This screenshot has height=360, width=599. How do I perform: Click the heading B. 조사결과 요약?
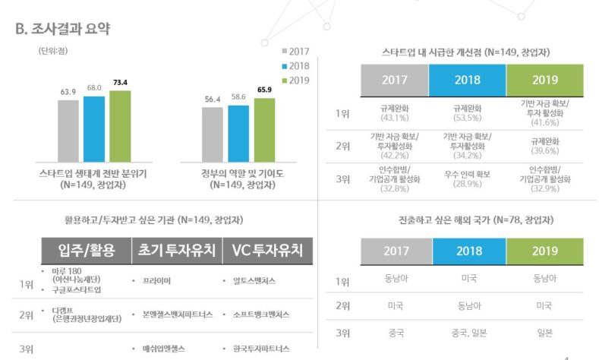(63, 30)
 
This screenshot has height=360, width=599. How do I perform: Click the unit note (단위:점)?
(52, 52)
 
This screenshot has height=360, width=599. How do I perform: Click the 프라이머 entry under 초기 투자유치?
(156, 281)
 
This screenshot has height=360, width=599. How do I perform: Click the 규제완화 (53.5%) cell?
(468, 113)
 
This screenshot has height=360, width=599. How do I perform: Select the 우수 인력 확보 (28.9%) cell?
(468, 179)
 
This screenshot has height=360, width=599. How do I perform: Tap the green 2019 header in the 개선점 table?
(545, 80)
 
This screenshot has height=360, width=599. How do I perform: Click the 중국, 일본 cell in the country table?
(468, 333)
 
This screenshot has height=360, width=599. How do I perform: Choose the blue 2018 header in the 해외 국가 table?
(468, 251)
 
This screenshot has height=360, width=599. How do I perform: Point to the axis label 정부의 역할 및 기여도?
(238, 173)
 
